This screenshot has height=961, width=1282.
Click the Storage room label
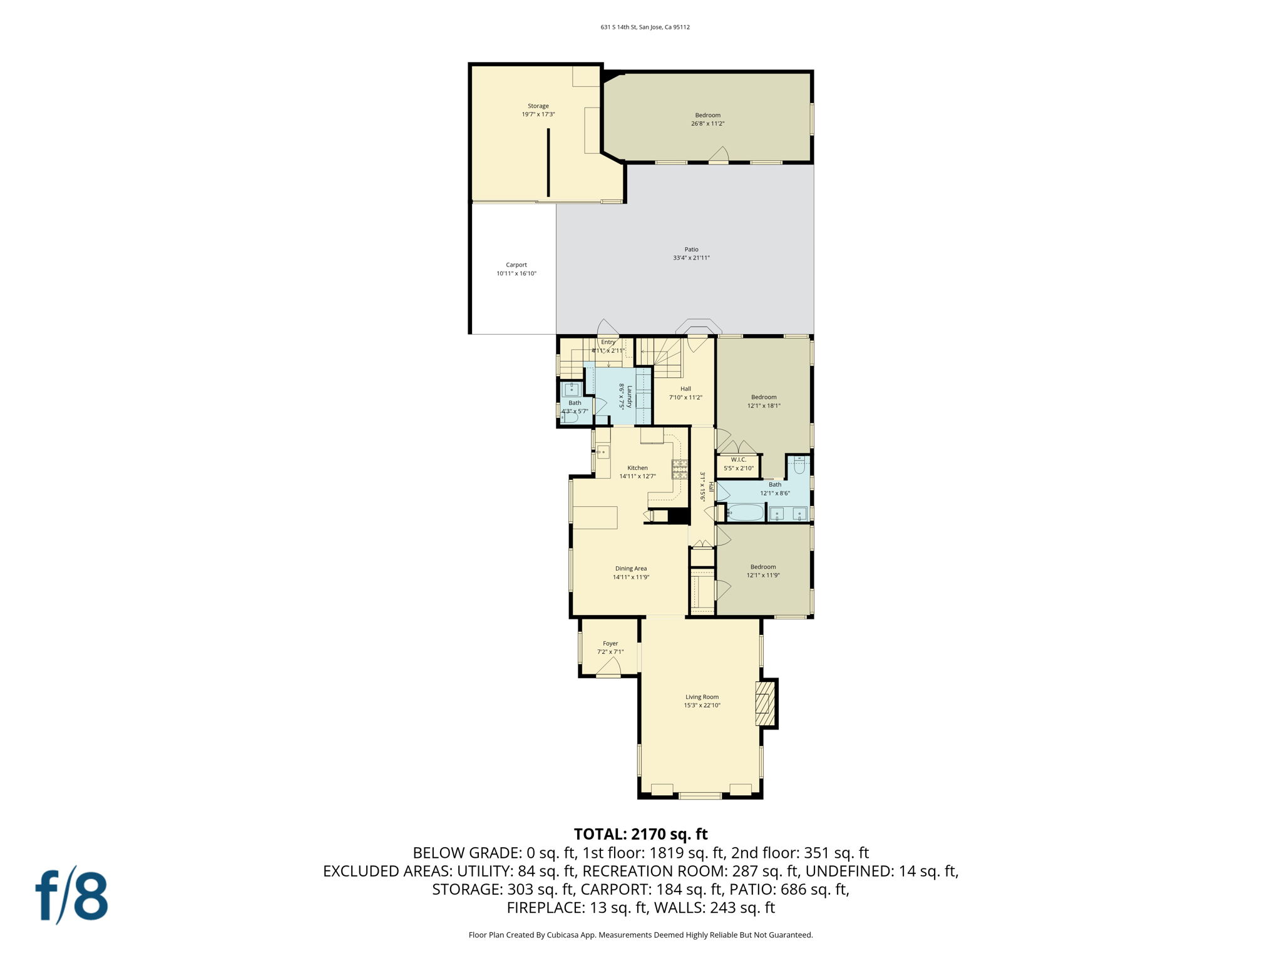pyautogui.click(x=538, y=106)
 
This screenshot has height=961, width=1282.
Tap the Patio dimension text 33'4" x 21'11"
pyautogui.click(x=691, y=258)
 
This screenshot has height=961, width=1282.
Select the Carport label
pyautogui.click(x=516, y=265)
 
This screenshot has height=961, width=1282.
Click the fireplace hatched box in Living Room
pyautogui.click(x=765, y=703)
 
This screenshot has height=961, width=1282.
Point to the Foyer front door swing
pyautogui.click(x=608, y=669)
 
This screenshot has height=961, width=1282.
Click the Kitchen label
pyautogui.click(x=637, y=468)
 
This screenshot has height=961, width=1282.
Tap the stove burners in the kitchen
pyautogui.click(x=679, y=469)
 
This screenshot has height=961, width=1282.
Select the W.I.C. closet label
pyautogui.click(x=739, y=460)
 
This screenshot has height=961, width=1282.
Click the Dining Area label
pyautogui.click(x=630, y=569)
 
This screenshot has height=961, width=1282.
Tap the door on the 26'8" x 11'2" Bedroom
pyautogui.click(x=719, y=155)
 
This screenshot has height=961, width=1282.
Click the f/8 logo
pyautogui.click(x=71, y=895)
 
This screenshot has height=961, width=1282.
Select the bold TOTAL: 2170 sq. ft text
pyautogui.click(x=640, y=834)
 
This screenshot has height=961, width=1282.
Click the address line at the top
pyautogui.click(x=645, y=27)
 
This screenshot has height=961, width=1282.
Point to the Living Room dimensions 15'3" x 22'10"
pyautogui.click(x=702, y=705)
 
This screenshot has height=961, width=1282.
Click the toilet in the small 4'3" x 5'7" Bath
pyautogui.click(x=569, y=417)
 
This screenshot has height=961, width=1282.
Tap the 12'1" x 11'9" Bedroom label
pyautogui.click(x=762, y=567)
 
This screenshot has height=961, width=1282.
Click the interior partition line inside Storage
pyautogui.click(x=548, y=163)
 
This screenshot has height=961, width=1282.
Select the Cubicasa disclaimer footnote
pyautogui.click(x=640, y=935)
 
